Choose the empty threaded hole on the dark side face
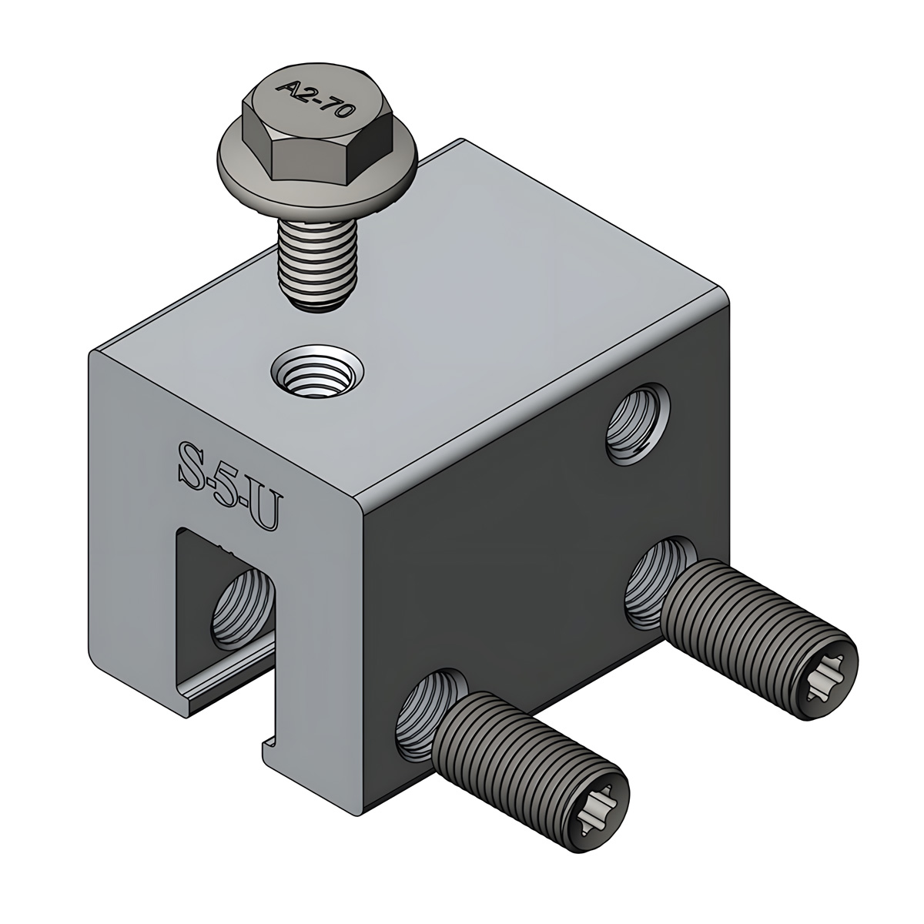point(638,427)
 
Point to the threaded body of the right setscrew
point(739,616)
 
